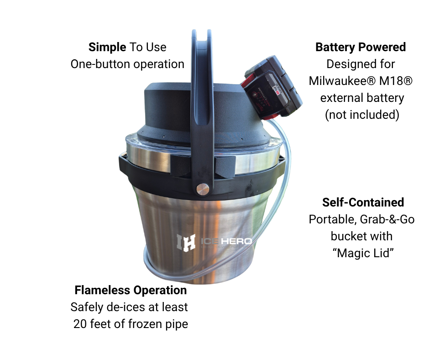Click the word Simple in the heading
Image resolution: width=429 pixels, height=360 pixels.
tap(107, 48)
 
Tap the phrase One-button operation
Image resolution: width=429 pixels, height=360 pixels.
tap(127, 64)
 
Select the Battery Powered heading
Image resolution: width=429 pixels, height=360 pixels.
tap(361, 48)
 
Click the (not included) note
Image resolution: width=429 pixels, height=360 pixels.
tap(362, 115)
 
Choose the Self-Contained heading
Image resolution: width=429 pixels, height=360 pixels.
tap(363, 202)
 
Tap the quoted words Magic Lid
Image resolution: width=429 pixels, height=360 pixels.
tap(363, 253)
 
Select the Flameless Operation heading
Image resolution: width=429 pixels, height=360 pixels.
tap(131, 290)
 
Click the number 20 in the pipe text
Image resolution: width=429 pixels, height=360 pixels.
tap(80, 324)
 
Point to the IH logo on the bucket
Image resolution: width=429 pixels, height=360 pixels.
tap(186, 242)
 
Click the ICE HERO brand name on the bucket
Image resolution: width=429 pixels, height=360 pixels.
tap(226, 241)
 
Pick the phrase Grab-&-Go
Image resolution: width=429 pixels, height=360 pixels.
tap(387, 219)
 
